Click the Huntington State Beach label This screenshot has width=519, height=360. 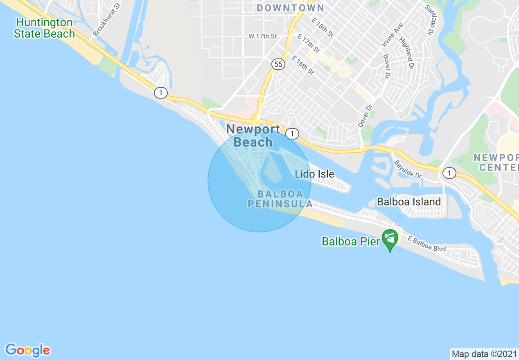pos(44,28)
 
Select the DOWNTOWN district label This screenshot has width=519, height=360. pos(291,8)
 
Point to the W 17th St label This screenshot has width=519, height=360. pos(262,36)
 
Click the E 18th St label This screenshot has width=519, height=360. pos(323,27)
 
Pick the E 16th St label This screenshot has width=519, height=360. pos(302,65)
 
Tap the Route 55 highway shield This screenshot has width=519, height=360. pos(278,64)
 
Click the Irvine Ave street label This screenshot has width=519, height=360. pos(392,34)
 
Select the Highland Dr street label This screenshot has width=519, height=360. pos(407,53)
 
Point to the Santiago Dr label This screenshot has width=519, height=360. pos(429,20)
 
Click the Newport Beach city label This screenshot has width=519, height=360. pos(253,135)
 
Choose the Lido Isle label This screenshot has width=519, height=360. pos(314,174)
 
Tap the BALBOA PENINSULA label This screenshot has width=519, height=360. pos(280,198)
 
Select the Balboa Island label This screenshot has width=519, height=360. pos(408,202)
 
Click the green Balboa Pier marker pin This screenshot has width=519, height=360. pos(390,239)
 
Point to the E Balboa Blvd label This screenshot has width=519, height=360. pos(426,244)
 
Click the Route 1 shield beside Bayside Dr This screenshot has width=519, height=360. pos(449,173)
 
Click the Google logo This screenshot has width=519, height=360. pos(28,350)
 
